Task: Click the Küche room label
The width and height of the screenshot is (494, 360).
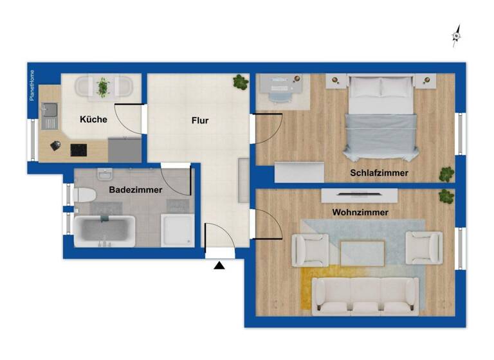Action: [x=93, y=119]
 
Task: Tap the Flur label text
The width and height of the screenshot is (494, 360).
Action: [x=199, y=120]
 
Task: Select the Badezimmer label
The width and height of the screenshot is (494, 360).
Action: [x=135, y=190]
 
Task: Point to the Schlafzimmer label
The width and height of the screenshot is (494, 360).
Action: [x=379, y=173]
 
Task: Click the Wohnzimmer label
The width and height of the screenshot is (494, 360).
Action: [x=360, y=212]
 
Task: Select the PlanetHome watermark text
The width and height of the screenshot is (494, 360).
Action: [x=32, y=85]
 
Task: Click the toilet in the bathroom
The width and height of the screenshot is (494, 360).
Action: [x=84, y=194]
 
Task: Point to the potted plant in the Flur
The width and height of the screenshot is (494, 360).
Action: [x=241, y=82]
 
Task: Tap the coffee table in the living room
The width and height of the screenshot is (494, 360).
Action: [x=362, y=253]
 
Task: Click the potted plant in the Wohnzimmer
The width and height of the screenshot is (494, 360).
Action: [x=445, y=196]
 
